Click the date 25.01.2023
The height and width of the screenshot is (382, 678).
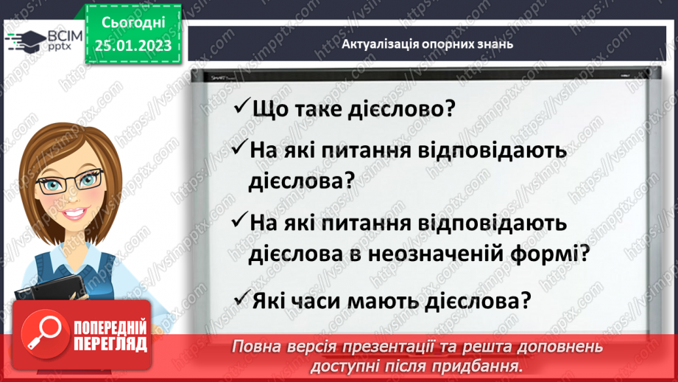coord(133,46)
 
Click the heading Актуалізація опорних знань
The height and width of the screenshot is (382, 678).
coord(427,44)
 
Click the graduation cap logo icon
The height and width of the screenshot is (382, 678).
coord(25,41)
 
